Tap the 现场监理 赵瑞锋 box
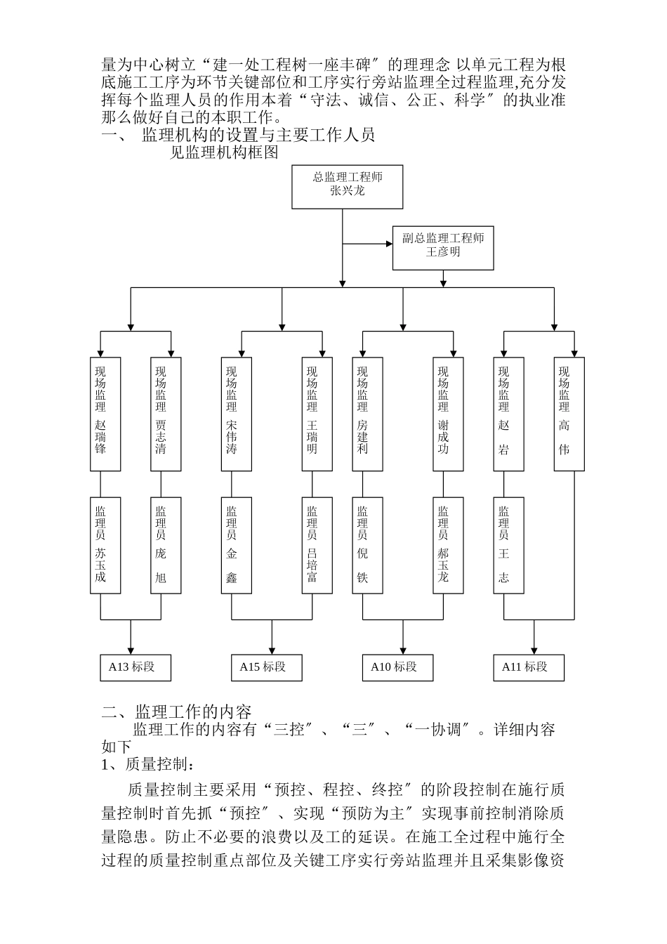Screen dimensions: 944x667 pyautogui.click(x=105, y=414)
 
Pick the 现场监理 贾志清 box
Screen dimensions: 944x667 pyautogui.click(x=166, y=414)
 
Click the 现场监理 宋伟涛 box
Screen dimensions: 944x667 pyautogui.click(x=237, y=414)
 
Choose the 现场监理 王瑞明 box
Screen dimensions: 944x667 pyautogui.click(x=317, y=414)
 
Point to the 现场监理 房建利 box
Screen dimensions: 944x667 pyautogui.click(x=367, y=414)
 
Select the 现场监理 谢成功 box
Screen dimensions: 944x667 pyautogui.click(x=448, y=414)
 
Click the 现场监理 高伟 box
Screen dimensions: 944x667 pyautogui.click(x=569, y=414)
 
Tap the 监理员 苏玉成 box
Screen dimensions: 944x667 pyautogui.click(x=105, y=545)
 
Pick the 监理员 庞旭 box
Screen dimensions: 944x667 pyautogui.click(x=166, y=545)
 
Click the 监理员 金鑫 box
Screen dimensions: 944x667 pyautogui.click(x=237, y=545)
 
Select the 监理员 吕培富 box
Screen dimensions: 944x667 pyautogui.click(x=317, y=545)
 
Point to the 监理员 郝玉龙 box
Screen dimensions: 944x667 pyautogui.click(x=448, y=545)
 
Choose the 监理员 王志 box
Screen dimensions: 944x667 pyautogui.click(x=508, y=545)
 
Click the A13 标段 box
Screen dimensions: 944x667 pyautogui.click(x=136, y=667)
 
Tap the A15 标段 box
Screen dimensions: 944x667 pyautogui.click(x=266, y=667)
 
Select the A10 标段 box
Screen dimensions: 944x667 pyautogui.click(x=397, y=667)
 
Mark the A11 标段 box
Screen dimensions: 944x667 pyautogui.click(x=529, y=667)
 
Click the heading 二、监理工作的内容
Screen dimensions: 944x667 pyautogui.click(x=177, y=712)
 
